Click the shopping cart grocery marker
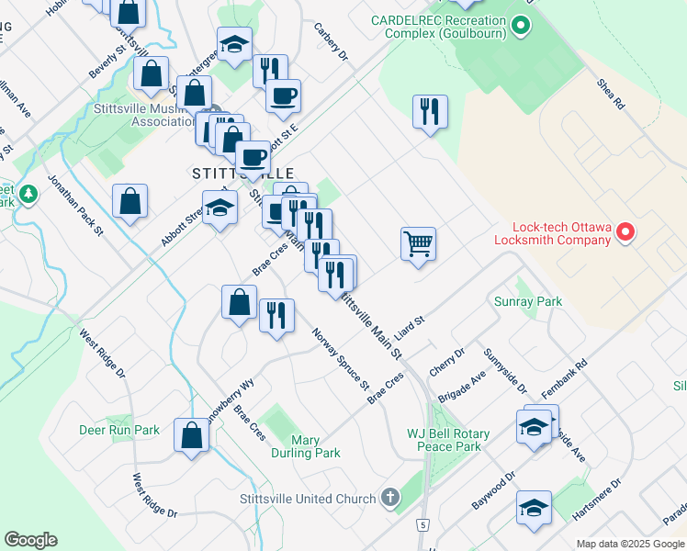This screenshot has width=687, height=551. click(x=418, y=244)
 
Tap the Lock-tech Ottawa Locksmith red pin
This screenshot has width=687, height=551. click(x=625, y=231)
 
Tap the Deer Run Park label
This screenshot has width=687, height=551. click(x=119, y=430)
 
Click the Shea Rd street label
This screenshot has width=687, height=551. click(x=611, y=94)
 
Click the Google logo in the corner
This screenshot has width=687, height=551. click(x=30, y=540)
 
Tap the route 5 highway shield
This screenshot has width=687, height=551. click(x=422, y=524)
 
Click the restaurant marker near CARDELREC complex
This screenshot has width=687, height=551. click(x=430, y=112)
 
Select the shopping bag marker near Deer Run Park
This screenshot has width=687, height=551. click(x=192, y=437)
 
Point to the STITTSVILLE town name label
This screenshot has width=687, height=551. click(x=243, y=174)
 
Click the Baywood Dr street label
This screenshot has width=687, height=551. click(x=493, y=491)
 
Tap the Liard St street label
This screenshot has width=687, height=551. click(x=410, y=328)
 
